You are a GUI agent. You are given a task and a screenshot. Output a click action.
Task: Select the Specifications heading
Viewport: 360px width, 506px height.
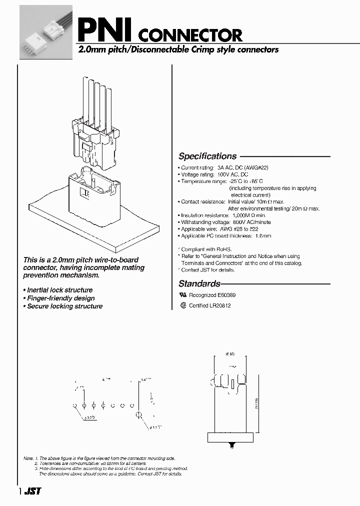pos(207,156)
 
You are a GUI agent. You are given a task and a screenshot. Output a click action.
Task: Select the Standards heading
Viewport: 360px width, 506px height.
pos(199,283)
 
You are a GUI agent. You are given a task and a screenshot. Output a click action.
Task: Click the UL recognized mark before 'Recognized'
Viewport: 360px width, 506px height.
pos(182,295)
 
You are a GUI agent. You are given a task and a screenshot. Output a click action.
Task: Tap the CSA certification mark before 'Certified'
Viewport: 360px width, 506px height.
pos(183,305)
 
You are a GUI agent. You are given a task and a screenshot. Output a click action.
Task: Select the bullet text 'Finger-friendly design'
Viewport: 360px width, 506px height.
pos(60,298)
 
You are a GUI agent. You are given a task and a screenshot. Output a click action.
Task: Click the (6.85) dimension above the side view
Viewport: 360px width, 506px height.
pos(229,354)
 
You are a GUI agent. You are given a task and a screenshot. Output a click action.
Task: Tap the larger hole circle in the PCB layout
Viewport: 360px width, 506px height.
pos(139,415)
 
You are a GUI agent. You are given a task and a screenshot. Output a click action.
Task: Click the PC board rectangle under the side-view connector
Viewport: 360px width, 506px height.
pos(230,437)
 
